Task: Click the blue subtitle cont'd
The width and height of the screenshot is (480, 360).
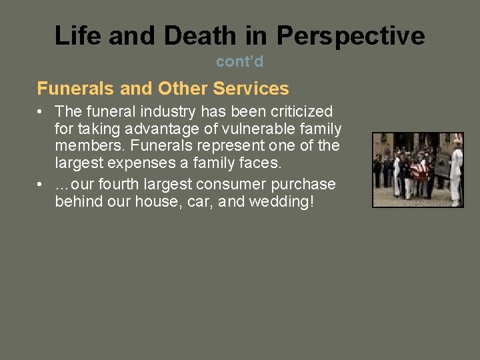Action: coord(239,62)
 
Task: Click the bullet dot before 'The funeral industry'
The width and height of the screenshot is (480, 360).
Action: coord(42,111)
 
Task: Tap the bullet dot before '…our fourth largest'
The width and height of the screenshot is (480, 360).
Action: coord(42,185)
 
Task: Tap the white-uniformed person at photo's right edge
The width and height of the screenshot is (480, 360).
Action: coord(456,170)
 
